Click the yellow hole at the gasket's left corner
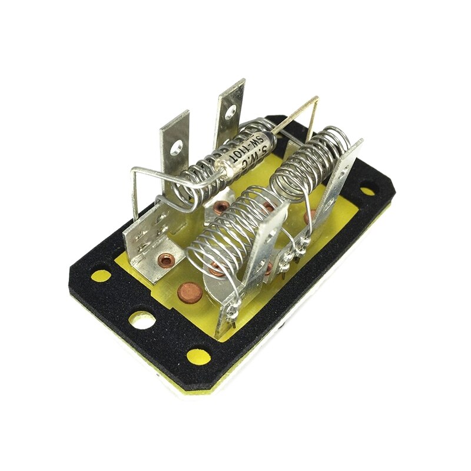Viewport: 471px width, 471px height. point(101,276)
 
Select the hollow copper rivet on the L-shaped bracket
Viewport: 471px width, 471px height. point(167,258)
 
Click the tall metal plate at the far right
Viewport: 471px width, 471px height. point(339,188)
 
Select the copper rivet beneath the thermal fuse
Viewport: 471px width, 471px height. point(221,207)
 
